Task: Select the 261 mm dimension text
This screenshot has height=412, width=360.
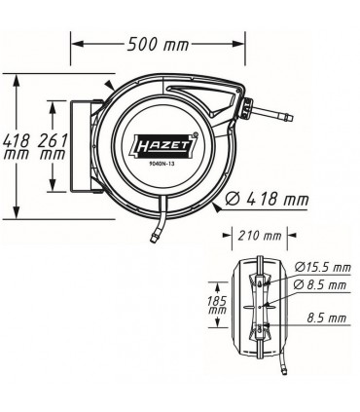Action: pyautogui.click(x=53, y=147)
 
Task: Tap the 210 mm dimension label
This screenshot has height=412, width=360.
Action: pyautogui.click(x=257, y=235)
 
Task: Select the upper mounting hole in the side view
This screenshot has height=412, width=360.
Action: pyautogui.click(x=258, y=281)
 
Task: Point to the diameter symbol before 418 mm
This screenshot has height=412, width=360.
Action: pyautogui.click(x=232, y=199)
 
